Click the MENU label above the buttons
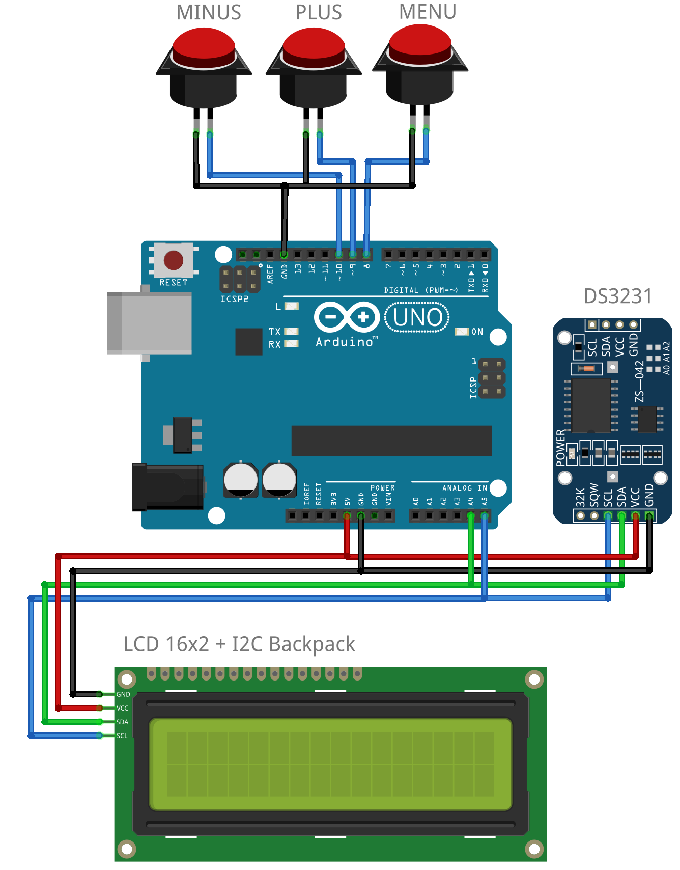tap(427, 12)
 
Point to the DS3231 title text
tap(617, 296)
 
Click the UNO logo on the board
tap(417, 317)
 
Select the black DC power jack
tap(167, 486)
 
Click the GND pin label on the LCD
tap(123, 694)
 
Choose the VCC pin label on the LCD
tap(122, 708)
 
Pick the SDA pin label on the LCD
tap(122, 722)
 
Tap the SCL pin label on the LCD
tap(122, 736)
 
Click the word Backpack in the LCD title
tap(311, 644)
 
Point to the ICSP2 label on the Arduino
tap(234, 299)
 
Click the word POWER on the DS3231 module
tap(560, 448)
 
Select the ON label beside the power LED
tap(477, 332)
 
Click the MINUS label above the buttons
tap(209, 12)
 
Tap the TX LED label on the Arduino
tap(274, 331)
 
